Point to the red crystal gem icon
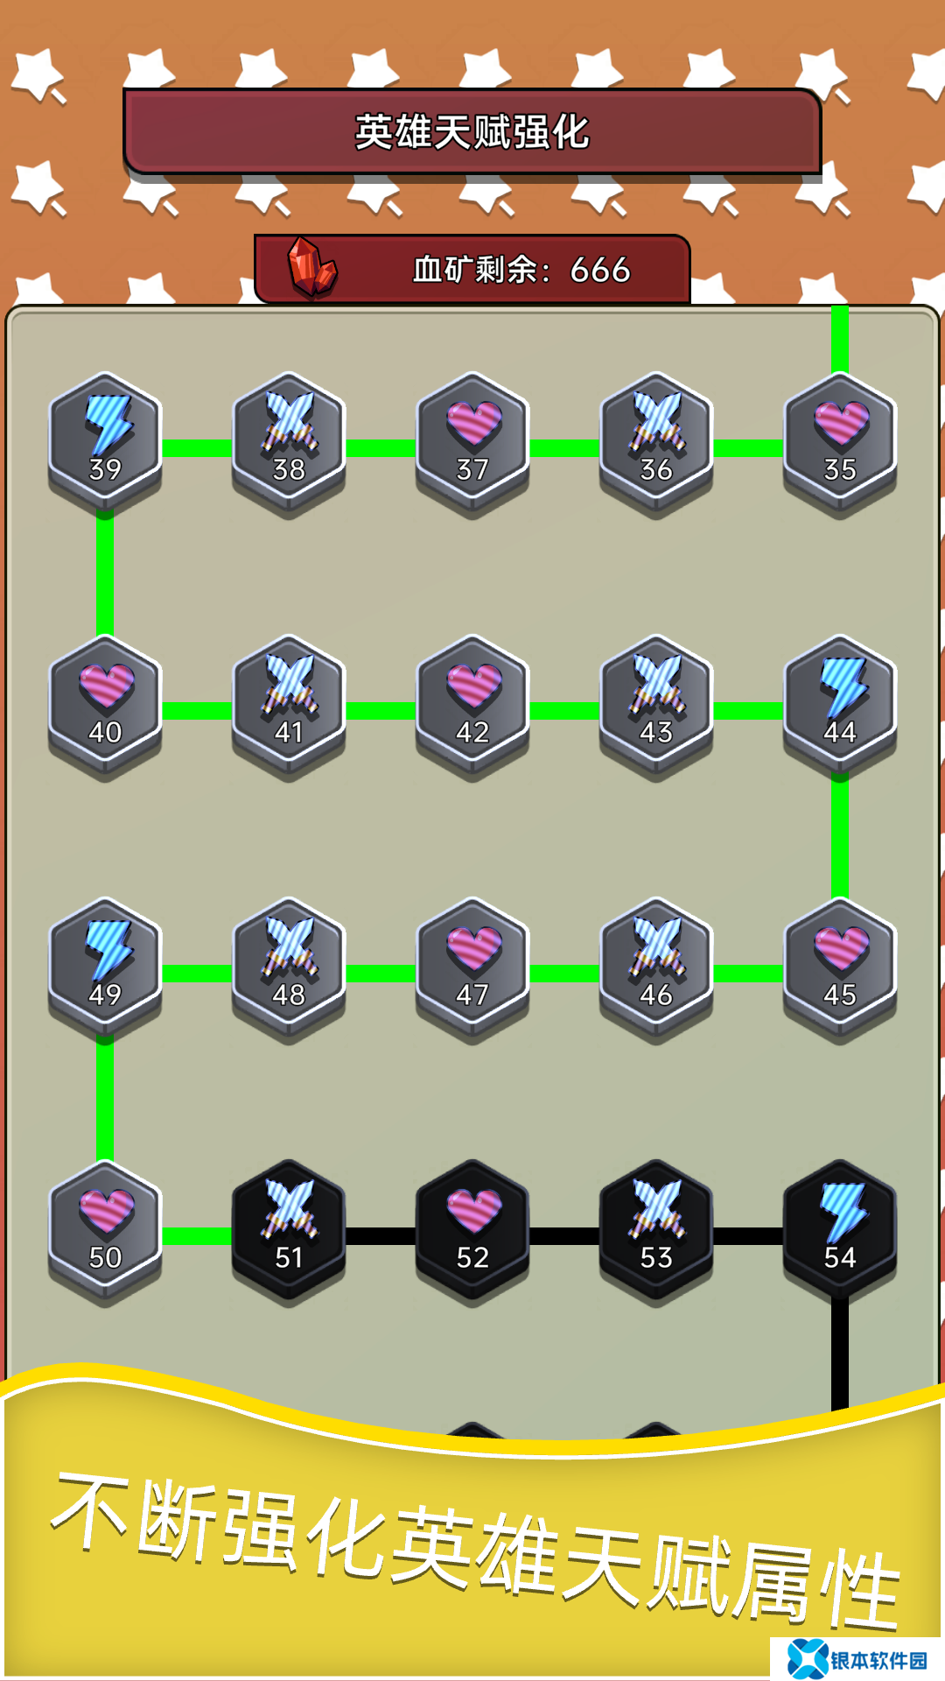pyautogui.click(x=312, y=268)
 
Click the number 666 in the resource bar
pyautogui.click(x=600, y=270)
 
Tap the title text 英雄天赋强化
pyautogui.click(x=472, y=132)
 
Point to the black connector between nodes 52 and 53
pyautogui.click(x=564, y=1236)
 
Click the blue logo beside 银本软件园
pyautogui.click(x=807, y=1659)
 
